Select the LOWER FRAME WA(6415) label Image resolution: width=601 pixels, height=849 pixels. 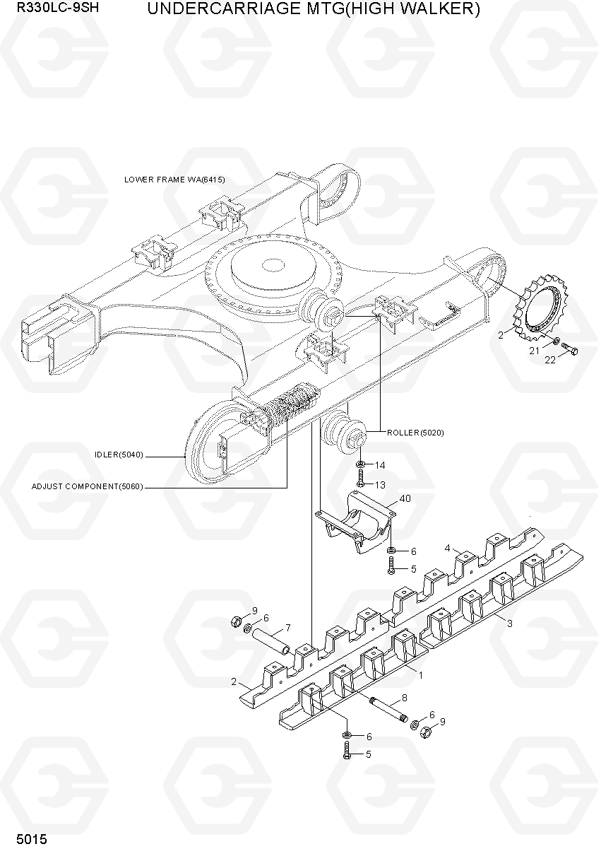coord(174,180)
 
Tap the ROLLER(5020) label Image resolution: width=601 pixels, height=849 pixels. coord(415,433)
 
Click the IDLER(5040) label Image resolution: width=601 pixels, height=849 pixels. coord(119,455)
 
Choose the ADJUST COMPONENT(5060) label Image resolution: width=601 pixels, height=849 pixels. coord(88,486)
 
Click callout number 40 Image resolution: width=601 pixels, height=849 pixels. coord(405,498)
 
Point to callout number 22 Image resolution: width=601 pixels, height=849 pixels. coord(550,360)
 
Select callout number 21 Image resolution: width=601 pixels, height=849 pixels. coord(534,351)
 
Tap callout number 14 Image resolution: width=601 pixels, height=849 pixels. coord(380,465)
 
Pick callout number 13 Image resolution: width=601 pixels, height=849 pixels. coord(380,485)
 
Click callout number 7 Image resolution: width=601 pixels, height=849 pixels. coord(288,628)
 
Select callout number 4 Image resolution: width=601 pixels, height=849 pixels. coord(447,548)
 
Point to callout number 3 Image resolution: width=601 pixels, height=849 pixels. coord(509,623)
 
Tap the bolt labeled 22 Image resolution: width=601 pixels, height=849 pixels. coord(569,349)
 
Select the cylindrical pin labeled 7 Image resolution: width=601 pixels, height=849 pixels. coord(271,641)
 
